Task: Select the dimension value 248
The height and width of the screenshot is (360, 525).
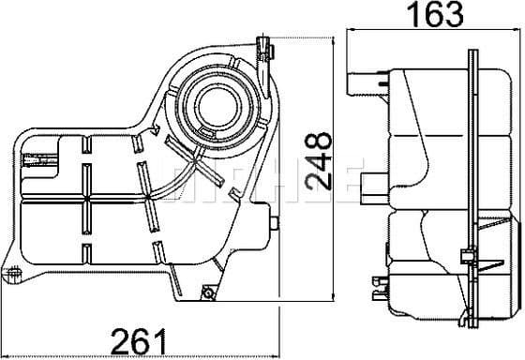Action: click(321, 160)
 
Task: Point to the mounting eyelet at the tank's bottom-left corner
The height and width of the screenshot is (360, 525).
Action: click(13, 273)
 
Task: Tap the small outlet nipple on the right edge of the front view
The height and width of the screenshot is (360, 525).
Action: click(277, 223)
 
